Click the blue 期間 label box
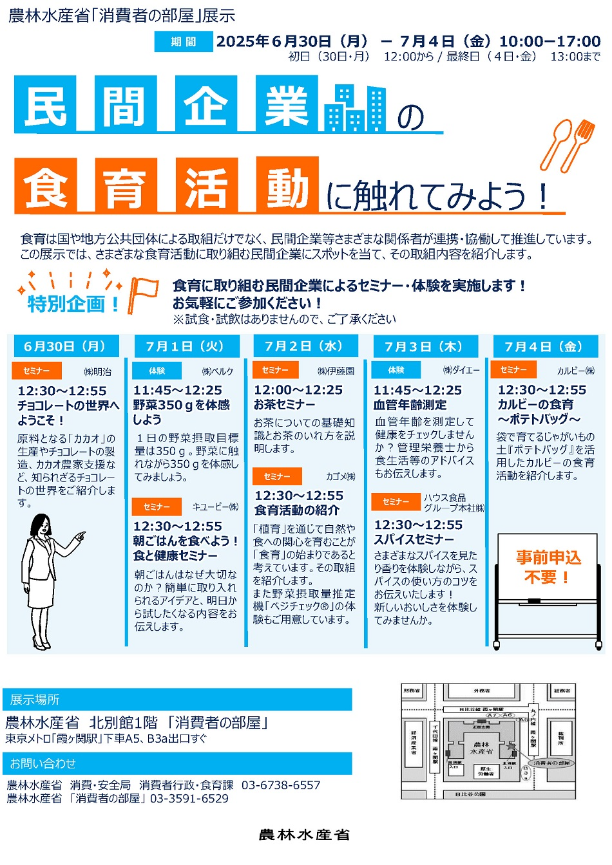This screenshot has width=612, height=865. click(x=183, y=42)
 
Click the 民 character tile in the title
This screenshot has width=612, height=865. click(x=45, y=105)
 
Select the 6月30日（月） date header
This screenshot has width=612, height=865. click(x=65, y=346)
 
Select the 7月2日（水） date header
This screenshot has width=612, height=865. click(x=305, y=346)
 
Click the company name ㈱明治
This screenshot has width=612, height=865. click(x=98, y=371)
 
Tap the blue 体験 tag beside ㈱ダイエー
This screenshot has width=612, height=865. click(x=396, y=370)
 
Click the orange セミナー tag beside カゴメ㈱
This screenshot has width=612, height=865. click(x=276, y=476)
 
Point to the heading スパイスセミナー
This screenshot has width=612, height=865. click(x=414, y=539)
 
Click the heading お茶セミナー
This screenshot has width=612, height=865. click(x=284, y=404)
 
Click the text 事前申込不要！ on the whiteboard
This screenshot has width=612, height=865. click(x=548, y=566)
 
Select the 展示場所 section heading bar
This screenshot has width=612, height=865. click(x=177, y=700)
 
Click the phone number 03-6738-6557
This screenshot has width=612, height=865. click(x=281, y=785)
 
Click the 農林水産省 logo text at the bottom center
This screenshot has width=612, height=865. click(x=304, y=835)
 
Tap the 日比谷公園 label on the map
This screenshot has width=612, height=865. click(x=470, y=795)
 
